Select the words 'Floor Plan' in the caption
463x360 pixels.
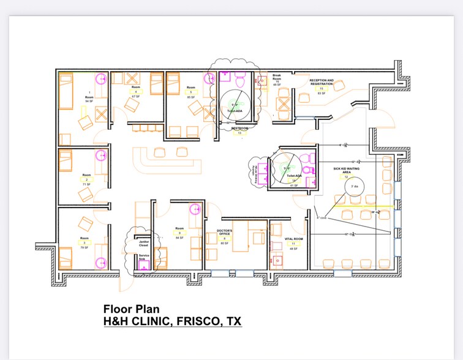(x=127, y=309)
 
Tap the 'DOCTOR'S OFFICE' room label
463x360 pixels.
(x=224, y=233)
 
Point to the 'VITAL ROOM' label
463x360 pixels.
(x=294, y=239)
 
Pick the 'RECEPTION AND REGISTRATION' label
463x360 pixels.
(x=322, y=82)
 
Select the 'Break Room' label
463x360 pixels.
(x=277, y=77)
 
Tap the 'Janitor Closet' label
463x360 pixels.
(x=143, y=244)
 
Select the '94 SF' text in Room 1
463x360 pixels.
(x=89, y=101)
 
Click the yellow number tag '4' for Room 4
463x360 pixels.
(x=136, y=92)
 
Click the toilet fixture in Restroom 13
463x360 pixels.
(x=242, y=79)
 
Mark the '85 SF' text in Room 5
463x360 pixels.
(x=191, y=97)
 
